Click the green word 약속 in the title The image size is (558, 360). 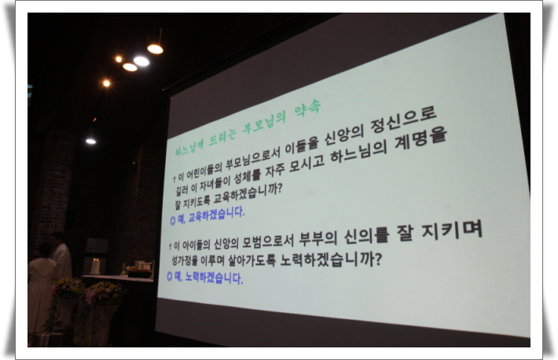coord(307,108)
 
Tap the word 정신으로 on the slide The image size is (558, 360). coord(403,121)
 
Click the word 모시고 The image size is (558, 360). coord(307,164)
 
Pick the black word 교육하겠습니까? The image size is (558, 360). coord(248,194)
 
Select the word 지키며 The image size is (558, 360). coord(452,230)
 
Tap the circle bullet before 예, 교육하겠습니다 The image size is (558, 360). coord(173,221)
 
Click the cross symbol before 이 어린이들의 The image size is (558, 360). coord(174,178)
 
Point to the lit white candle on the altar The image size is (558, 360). coord(95,266)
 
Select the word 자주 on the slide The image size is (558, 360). coord(275,170)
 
